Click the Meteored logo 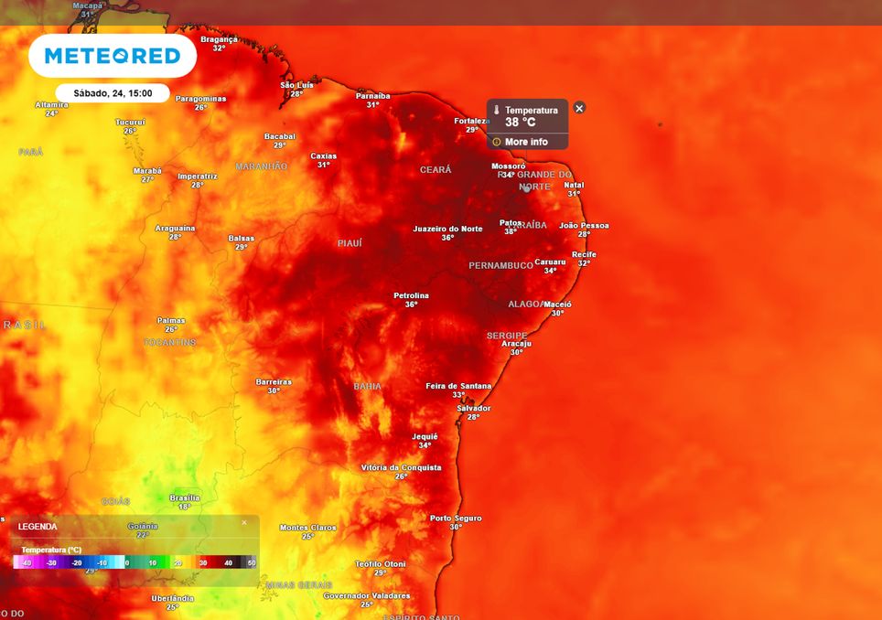point(113,56)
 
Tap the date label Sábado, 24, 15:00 point(113,92)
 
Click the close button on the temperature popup point(579,108)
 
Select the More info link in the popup point(526,142)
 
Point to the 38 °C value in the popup point(521,122)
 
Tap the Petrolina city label point(411,295)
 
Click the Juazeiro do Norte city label point(447,229)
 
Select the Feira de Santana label point(458,386)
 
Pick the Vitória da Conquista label point(401,467)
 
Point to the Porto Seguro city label point(456,518)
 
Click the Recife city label point(584,254)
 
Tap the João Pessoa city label point(584,225)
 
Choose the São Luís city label point(296,85)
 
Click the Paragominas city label point(200,98)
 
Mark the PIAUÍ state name point(350,243)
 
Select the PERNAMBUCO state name point(500,265)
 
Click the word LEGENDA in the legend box point(38,527)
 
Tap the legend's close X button point(244,522)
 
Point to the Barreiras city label point(274,381)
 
